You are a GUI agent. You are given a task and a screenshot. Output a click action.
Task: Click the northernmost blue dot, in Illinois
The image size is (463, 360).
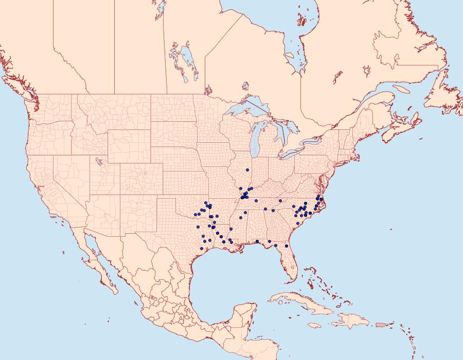pos(247,170)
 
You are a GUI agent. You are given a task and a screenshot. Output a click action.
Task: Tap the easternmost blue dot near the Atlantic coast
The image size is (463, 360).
pos(321,199)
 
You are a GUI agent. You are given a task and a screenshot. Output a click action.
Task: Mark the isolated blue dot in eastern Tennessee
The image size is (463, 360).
pos(280,201)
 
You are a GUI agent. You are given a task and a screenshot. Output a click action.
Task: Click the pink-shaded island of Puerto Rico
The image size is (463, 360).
pos(381,324)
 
